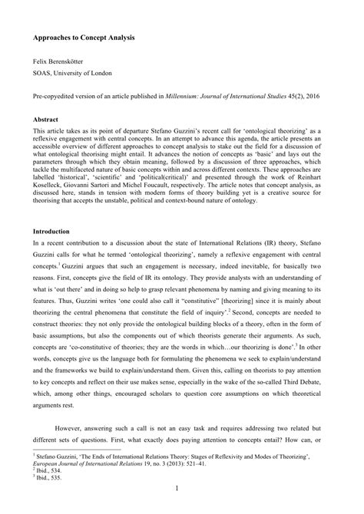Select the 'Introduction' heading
tap(53, 231)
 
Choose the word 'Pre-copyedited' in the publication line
tap(55, 97)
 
